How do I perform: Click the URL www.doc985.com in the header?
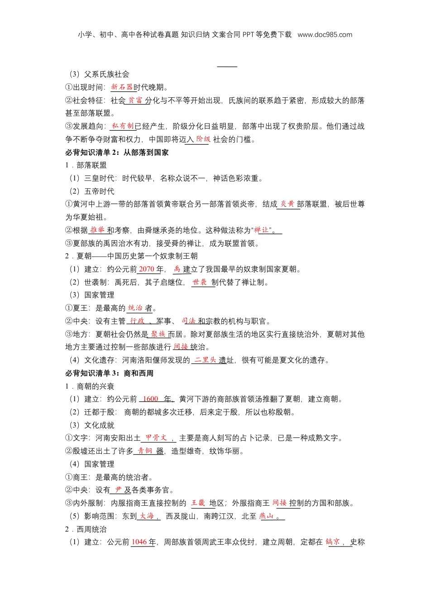[x=325, y=35]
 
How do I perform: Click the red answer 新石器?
[x=122, y=87]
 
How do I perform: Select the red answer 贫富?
[x=135, y=100]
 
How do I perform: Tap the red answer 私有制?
[x=123, y=126]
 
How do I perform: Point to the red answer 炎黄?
[x=287, y=204]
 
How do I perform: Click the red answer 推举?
[x=97, y=230]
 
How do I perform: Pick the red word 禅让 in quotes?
[x=262, y=230]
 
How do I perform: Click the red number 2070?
[x=146, y=269]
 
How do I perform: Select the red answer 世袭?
[x=200, y=282]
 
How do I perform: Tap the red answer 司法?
[x=189, y=321]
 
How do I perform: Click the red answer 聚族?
[x=158, y=334]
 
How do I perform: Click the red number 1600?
[x=150, y=399]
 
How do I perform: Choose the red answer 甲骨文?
[x=157, y=438]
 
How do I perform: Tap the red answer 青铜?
[x=145, y=451]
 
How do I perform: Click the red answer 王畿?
[x=198, y=503]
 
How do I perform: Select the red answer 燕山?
[x=267, y=516]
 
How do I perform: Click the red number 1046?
[x=139, y=542]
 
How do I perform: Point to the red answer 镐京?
[x=333, y=542]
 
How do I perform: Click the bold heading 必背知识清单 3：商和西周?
[x=109, y=373]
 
